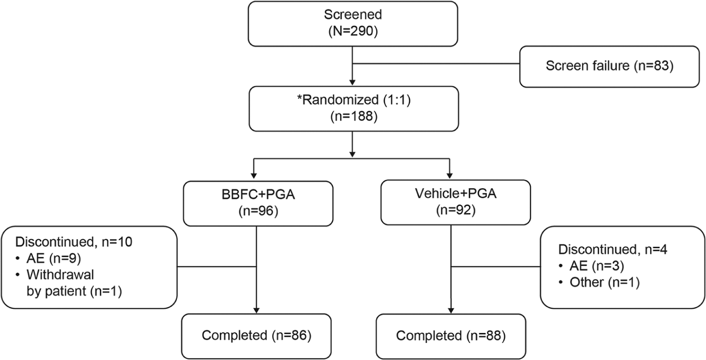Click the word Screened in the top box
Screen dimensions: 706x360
[x=353, y=15]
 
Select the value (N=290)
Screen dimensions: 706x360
[x=353, y=32]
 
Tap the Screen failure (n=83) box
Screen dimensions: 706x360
[x=609, y=66]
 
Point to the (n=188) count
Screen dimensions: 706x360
[x=354, y=117]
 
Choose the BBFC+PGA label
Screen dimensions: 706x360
[x=258, y=194]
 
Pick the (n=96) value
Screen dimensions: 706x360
[x=258, y=211]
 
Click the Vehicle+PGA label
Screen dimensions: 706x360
[x=456, y=194]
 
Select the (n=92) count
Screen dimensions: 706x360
[x=456, y=210]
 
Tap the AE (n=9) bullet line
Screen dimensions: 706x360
[x=48, y=259]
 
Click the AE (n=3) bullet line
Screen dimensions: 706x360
[x=591, y=266]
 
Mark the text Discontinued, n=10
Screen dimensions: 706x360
[x=74, y=242]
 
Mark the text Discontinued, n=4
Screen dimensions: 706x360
[x=613, y=250]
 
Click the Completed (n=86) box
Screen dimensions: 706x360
[x=256, y=336]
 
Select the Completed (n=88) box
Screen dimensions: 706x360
[x=451, y=336]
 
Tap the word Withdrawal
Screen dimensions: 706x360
[x=60, y=275]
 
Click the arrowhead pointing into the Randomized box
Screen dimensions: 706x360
[x=352, y=83]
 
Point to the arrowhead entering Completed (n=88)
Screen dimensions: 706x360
[x=451, y=311]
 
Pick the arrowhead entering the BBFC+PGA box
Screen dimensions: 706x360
[x=253, y=175]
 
